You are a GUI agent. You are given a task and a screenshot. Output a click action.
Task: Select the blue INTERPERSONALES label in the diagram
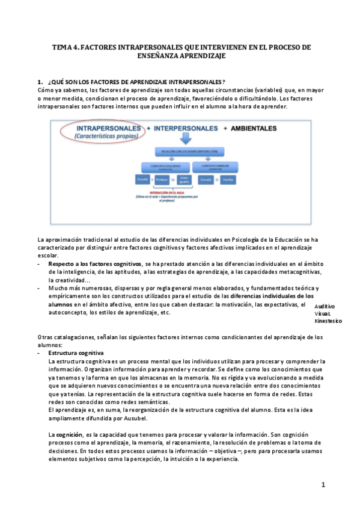[185, 128]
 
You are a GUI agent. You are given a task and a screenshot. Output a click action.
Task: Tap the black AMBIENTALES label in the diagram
[254, 128]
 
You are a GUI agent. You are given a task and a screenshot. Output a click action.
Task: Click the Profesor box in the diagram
[160, 179]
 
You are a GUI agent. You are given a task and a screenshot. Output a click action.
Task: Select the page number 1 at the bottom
[323, 485]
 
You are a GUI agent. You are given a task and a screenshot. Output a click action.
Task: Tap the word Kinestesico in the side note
[328, 321]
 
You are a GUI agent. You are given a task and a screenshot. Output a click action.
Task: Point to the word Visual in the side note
[322, 314]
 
